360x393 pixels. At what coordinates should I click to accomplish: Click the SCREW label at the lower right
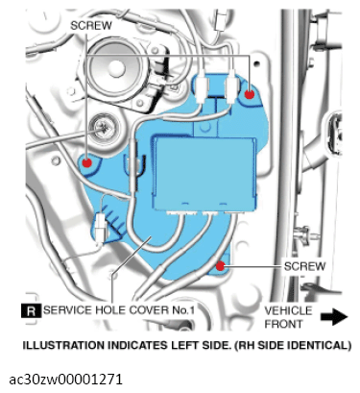(x=304, y=265)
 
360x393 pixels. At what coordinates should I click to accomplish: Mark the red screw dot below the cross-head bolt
(x=87, y=162)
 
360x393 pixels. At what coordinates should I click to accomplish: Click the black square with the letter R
(x=31, y=310)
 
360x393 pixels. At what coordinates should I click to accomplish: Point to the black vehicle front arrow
(x=334, y=315)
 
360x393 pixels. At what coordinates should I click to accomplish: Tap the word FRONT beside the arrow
(x=284, y=324)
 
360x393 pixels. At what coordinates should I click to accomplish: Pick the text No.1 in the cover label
(x=187, y=310)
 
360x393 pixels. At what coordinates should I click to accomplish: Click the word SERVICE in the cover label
(x=68, y=310)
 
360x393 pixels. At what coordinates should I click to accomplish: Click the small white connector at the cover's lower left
(x=101, y=227)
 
